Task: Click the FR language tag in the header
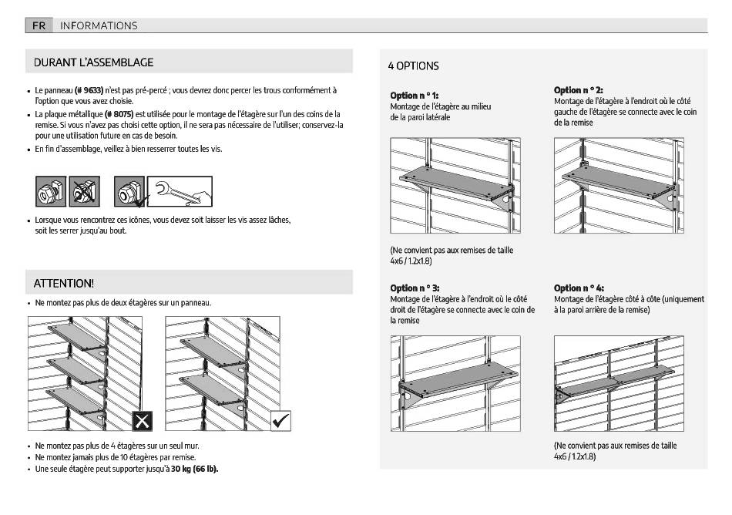click(x=39, y=25)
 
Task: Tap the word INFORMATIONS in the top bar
click(x=99, y=25)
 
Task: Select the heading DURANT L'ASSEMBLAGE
click(x=93, y=62)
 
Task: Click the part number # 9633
click(x=89, y=90)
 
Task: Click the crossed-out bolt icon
click(x=84, y=192)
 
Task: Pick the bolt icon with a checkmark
click(x=129, y=192)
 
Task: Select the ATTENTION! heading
click(x=64, y=284)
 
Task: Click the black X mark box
click(x=143, y=421)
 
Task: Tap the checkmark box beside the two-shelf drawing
click(x=281, y=421)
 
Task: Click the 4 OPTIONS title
click(x=413, y=66)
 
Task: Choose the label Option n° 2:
click(x=578, y=90)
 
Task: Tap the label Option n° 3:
click(x=415, y=288)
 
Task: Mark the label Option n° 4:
click(x=579, y=288)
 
